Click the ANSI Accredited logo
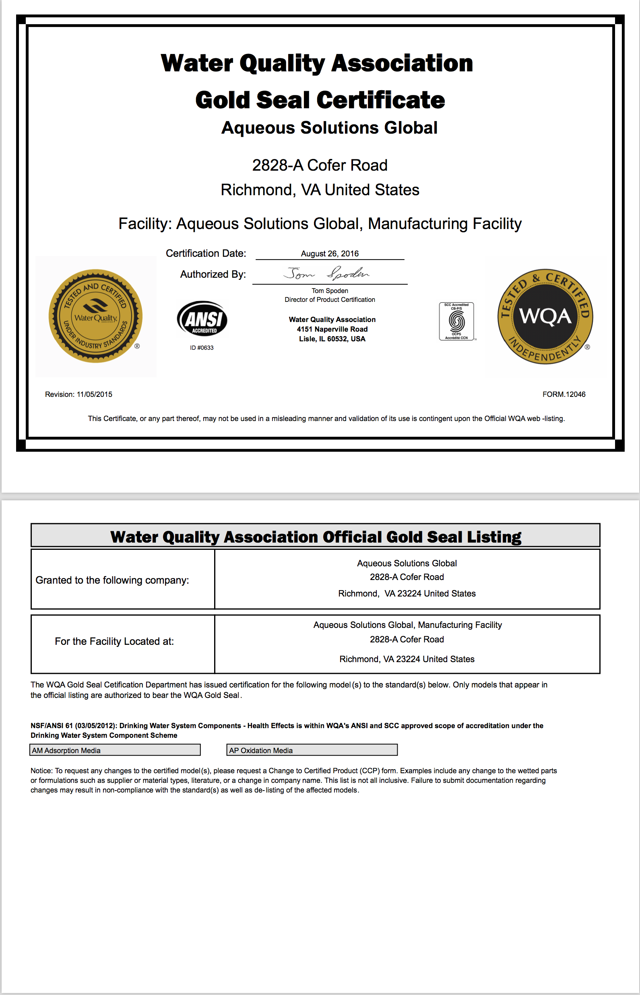202,319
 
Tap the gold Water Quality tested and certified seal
95,316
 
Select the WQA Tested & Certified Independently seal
545,316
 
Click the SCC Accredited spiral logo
456,321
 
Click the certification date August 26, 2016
330,254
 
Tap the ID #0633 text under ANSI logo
202,348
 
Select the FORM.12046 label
564,394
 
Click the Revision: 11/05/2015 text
78,394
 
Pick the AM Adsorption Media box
115,750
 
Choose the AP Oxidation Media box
312,750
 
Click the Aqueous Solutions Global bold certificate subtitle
329,128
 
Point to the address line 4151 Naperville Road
332,329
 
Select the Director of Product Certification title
330,299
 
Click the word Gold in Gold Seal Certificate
222,100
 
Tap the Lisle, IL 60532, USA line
332,339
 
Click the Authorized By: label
213,274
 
